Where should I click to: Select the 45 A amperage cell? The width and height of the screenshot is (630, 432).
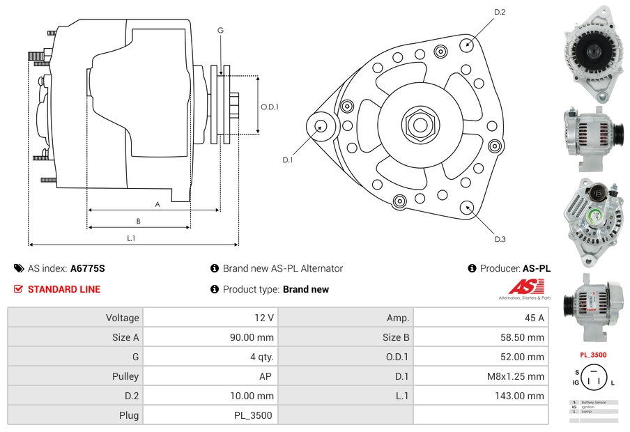[x=534, y=318]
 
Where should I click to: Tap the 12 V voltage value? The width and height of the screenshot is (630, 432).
[x=264, y=318]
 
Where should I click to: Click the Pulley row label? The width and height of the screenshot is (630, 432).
[x=125, y=376]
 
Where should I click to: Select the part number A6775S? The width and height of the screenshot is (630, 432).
[x=87, y=268]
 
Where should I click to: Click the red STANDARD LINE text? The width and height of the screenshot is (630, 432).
[x=63, y=289]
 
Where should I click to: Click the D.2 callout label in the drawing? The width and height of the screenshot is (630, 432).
[x=500, y=13]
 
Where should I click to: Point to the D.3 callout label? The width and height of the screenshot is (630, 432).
[x=500, y=239]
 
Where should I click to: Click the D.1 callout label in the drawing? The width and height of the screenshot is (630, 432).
[x=288, y=160]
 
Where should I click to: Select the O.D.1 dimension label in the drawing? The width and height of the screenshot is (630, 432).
[x=270, y=107]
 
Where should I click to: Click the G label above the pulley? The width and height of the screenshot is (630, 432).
[x=220, y=31]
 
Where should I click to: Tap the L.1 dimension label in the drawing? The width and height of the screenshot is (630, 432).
[x=130, y=238]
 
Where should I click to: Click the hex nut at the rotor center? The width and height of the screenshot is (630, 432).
[x=419, y=125]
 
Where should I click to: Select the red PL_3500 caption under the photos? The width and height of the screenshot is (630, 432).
[x=592, y=355]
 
